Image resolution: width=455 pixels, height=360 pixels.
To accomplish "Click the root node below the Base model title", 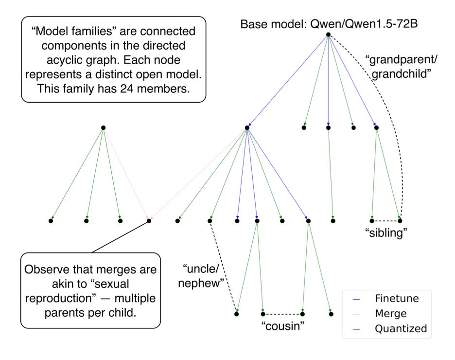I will (328, 35).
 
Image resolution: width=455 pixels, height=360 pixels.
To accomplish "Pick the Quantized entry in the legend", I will (400, 329).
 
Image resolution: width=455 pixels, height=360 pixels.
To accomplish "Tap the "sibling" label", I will (385, 233).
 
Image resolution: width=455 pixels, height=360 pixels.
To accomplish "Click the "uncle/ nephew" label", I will (203, 275).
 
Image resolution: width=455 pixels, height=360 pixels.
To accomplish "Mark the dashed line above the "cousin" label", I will (283, 313).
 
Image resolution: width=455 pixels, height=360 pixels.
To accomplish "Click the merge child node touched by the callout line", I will (149, 221).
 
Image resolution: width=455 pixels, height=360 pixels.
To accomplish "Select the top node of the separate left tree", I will (103, 128).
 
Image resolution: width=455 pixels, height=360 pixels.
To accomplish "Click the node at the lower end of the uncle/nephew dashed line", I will (237, 314).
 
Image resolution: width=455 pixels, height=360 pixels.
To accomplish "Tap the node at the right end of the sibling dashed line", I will (401, 221).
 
